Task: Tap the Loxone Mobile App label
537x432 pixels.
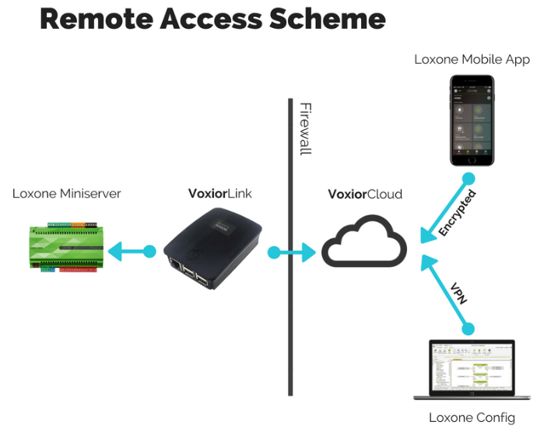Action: (472, 59)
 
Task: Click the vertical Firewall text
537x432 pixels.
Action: (305, 128)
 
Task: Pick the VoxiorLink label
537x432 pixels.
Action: (220, 194)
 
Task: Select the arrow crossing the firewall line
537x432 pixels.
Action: (293, 251)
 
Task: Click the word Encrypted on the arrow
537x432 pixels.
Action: (457, 212)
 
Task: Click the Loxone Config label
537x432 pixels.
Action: (472, 418)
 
